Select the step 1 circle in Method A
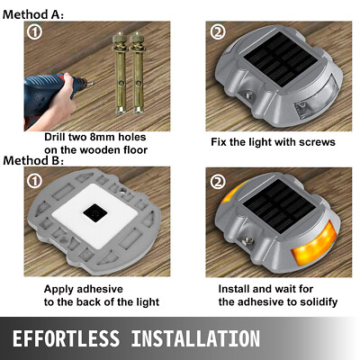click(34, 32)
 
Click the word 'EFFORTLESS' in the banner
click(80, 339)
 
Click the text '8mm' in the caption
click(116, 138)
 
